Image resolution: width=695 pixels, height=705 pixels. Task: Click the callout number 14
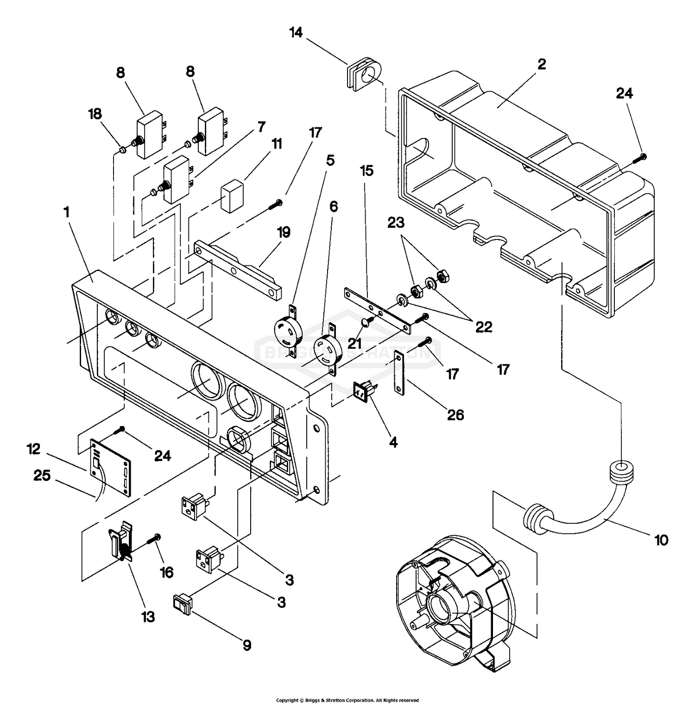click(x=296, y=32)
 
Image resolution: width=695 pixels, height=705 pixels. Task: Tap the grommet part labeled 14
click(x=364, y=74)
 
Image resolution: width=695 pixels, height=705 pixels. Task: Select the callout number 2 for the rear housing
click(x=541, y=64)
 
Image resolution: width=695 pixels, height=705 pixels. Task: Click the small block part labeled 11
click(x=232, y=196)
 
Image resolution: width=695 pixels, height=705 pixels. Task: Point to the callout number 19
click(x=284, y=232)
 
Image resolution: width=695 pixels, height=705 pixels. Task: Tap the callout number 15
click(x=366, y=170)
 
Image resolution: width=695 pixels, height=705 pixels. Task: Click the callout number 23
click(x=396, y=223)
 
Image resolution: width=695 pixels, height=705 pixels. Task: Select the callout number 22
click(x=484, y=327)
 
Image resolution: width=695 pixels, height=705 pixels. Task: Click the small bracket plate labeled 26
click(x=399, y=373)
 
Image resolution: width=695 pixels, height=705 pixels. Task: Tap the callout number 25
click(x=42, y=475)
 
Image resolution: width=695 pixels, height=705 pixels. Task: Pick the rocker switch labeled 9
click(x=182, y=604)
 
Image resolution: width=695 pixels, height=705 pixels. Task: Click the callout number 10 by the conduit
click(x=661, y=540)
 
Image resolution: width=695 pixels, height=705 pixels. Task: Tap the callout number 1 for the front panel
click(x=66, y=212)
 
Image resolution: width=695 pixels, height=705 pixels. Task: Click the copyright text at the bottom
click(x=347, y=700)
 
